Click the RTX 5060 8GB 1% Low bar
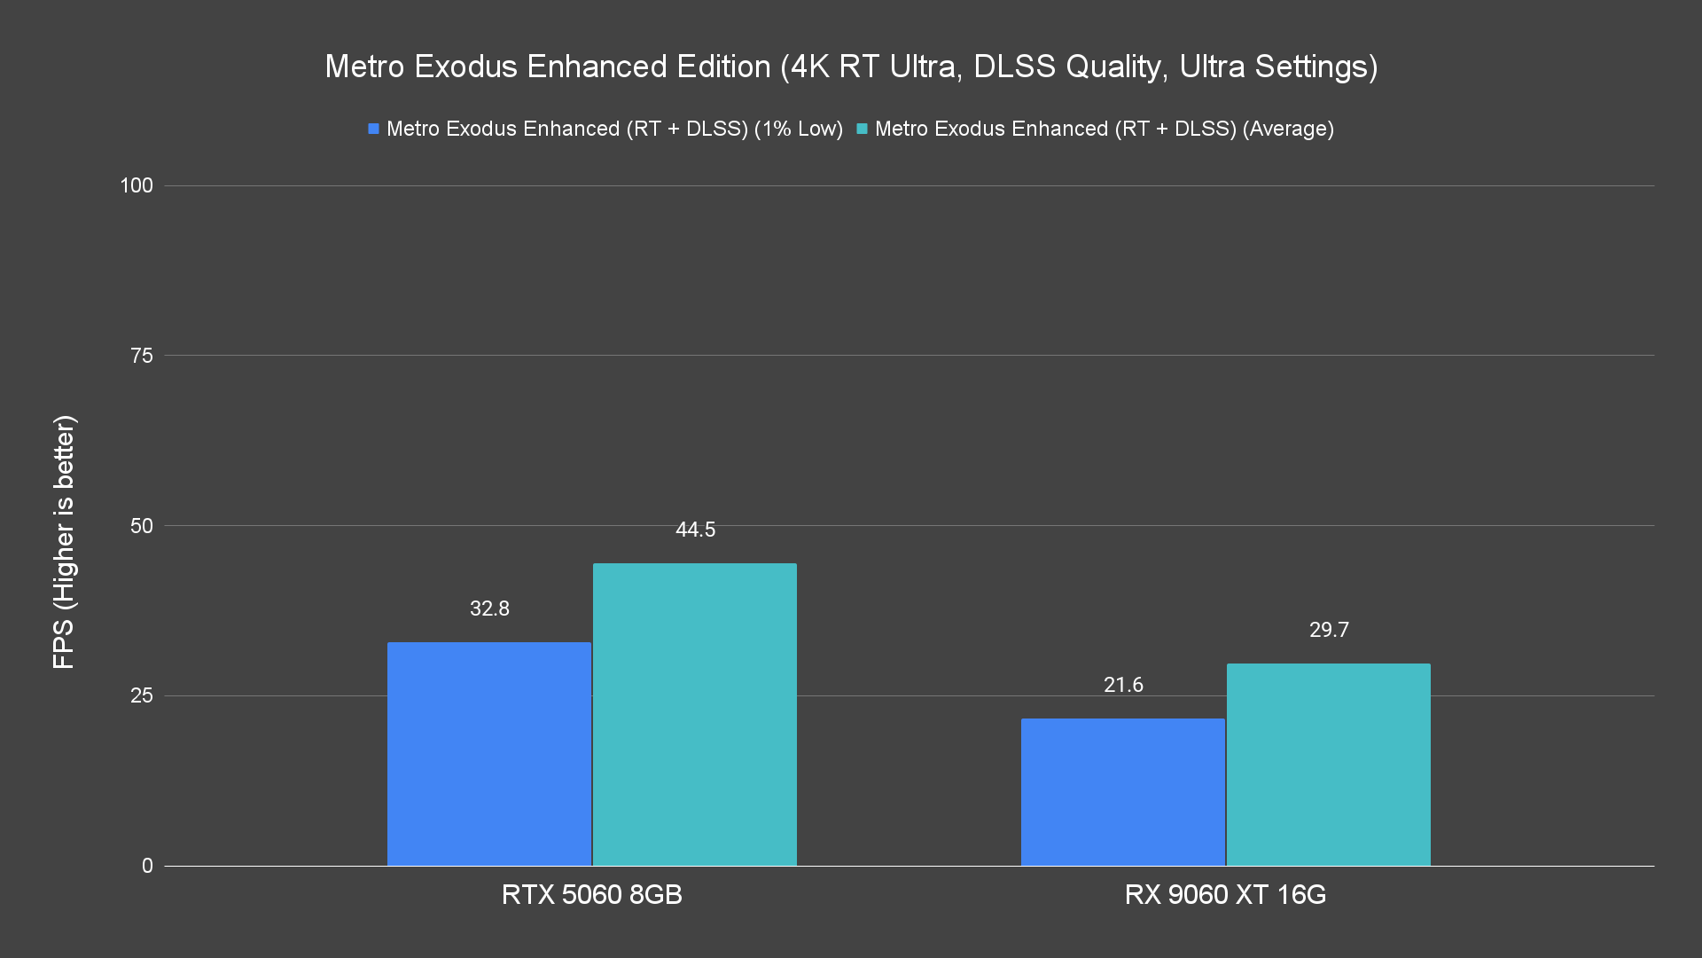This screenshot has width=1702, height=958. pyautogui.click(x=489, y=754)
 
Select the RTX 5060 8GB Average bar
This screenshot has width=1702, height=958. pyautogui.click(x=695, y=714)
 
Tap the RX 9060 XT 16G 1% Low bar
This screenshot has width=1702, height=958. pyautogui.click(x=1123, y=792)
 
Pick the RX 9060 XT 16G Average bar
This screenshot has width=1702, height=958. pyautogui.click(x=1329, y=765)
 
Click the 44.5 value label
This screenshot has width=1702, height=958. pyautogui.click(x=695, y=530)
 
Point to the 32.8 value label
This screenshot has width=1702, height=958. pyautogui.click(x=489, y=609)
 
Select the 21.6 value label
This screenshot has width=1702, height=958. pyautogui.click(x=1123, y=685)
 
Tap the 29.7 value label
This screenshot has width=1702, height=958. pyautogui.click(x=1329, y=630)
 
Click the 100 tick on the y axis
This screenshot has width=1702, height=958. pyautogui.click(x=137, y=185)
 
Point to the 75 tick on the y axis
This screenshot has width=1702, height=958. pyautogui.click(x=142, y=356)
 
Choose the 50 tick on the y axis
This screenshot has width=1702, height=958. pyautogui.click(x=142, y=526)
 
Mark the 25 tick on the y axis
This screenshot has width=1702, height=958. pyautogui.click(x=142, y=695)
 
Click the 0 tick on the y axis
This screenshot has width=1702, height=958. pyautogui.click(x=147, y=866)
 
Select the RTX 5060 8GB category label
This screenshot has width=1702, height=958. pyautogui.click(x=592, y=894)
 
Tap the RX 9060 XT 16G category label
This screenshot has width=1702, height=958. pyautogui.click(x=1225, y=894)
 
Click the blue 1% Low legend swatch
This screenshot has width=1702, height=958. pyautogui.click(x=374, y=129)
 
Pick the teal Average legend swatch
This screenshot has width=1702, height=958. pyautogui.click(x=862, y=129)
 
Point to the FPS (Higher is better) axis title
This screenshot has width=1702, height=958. pyautogui.click(x=64, y=541)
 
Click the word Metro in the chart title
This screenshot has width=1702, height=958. pyautogui.click(x=364, y=67)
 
